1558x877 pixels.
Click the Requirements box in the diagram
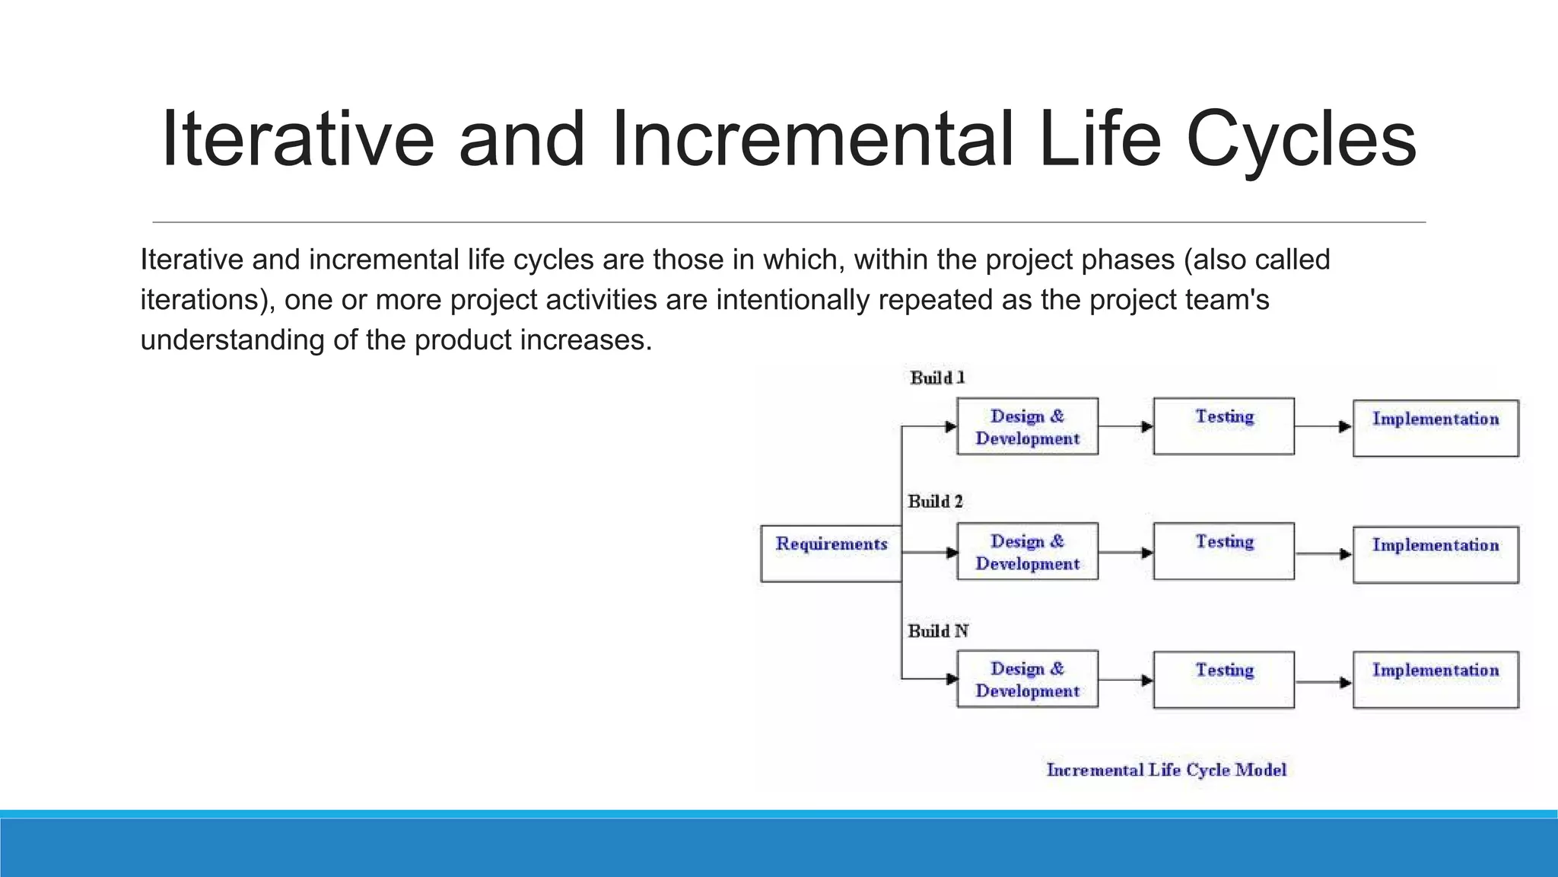[831, 553]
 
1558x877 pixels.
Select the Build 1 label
[937, 378]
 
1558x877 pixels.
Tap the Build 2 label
[935, 502]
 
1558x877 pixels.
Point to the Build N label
[938, 631]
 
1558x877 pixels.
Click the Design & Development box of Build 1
[1027, 426]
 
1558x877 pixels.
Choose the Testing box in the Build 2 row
[1223, 551]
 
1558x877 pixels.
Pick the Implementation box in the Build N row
[1436, 679]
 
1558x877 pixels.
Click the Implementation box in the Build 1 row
[1436, 428]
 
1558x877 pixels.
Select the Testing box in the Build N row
[1223, 679]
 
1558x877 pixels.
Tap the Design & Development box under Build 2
[1027, 551]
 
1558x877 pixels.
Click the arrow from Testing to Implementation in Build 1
[1323, 427]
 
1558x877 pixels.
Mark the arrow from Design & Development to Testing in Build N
[1126, 680]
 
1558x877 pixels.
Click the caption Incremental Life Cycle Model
[1166, 770]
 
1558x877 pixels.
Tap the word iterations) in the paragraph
[208, 300]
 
